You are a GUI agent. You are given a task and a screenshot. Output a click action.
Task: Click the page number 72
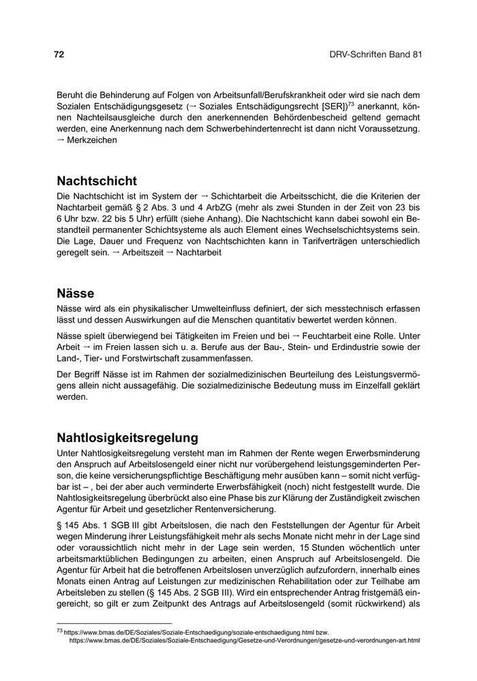coord(59,55)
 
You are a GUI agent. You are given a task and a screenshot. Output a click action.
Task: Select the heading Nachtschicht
coord(96,181)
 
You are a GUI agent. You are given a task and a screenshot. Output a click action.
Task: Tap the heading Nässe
coord(75,294)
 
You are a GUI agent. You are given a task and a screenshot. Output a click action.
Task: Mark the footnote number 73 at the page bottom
coord(59,631)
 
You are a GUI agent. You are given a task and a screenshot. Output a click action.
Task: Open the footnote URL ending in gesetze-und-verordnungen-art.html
coord(244,641)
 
